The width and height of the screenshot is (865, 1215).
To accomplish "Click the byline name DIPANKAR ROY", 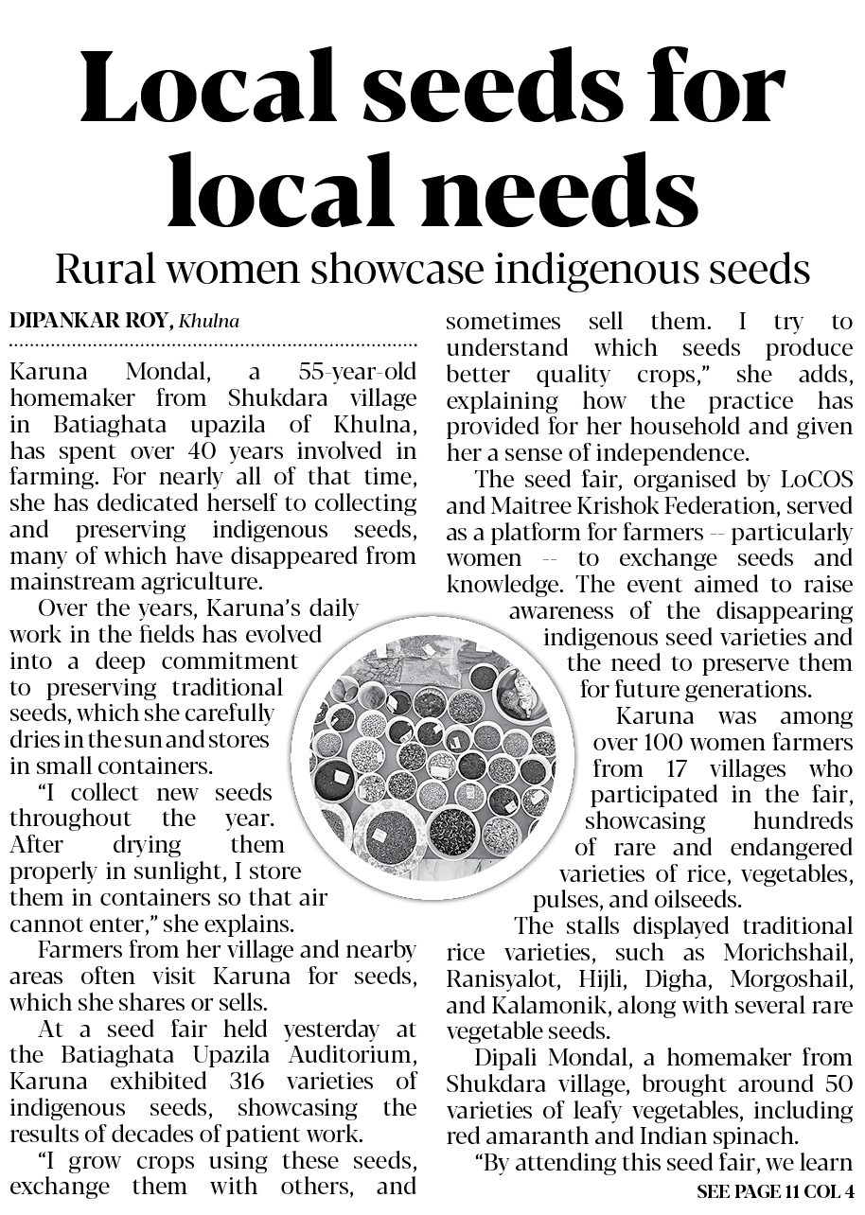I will click(x=90, y=321).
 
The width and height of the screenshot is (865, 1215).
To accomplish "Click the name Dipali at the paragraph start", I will click(x=513, y=1058).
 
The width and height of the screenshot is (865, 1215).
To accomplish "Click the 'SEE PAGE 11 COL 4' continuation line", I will click(x=774, y=1190).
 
